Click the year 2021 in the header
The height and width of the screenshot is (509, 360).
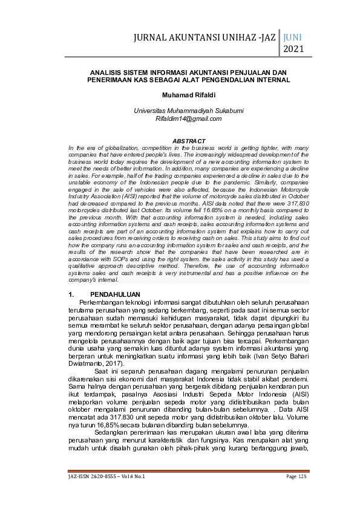pos(293,48)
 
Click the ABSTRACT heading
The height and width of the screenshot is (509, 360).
pos(189,141)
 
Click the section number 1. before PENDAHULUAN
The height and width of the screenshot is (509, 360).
pos(72,293)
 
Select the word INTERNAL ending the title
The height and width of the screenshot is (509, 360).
pos(270,79)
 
